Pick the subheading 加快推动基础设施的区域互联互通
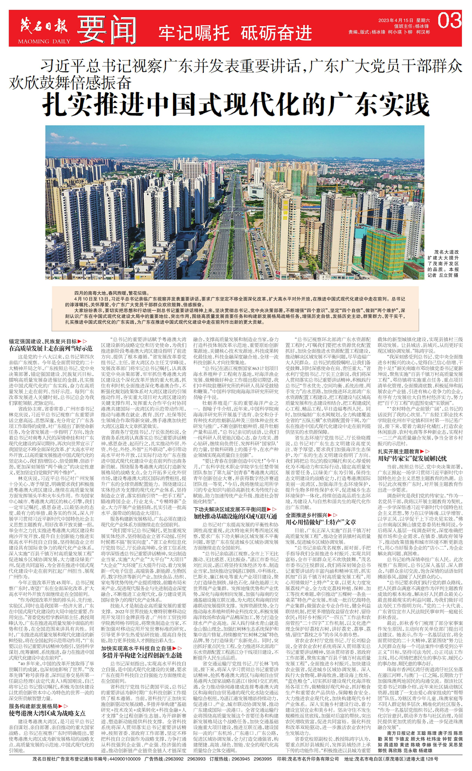pos(235,516)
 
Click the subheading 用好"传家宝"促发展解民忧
pos(412,458)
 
